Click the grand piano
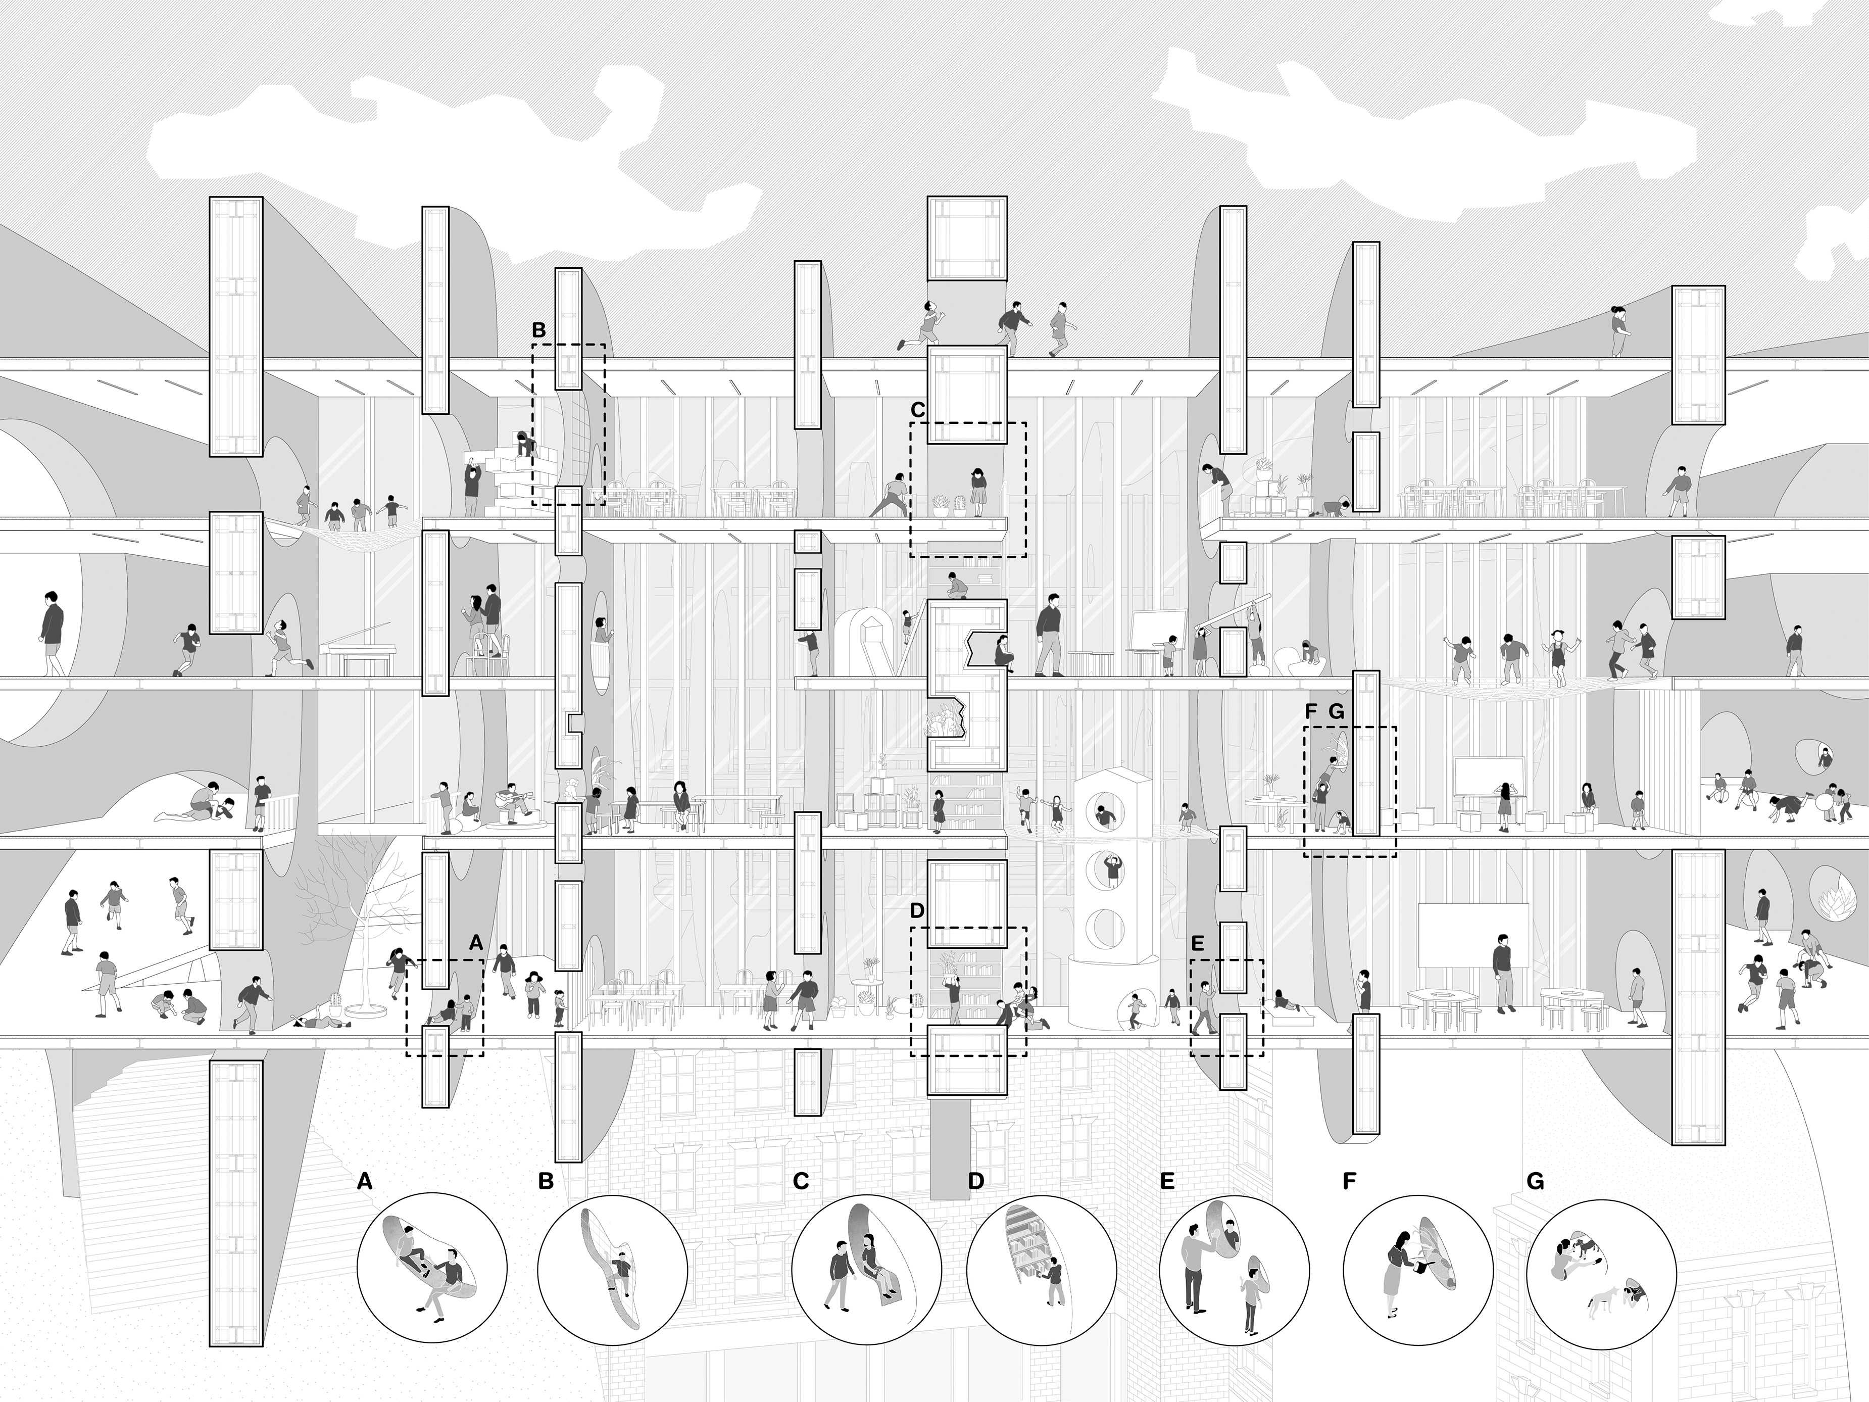point(357,651)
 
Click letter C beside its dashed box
point(918,409)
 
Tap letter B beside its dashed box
point(539,329)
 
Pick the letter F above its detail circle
point(1349,1181)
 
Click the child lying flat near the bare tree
point(319,1021)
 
